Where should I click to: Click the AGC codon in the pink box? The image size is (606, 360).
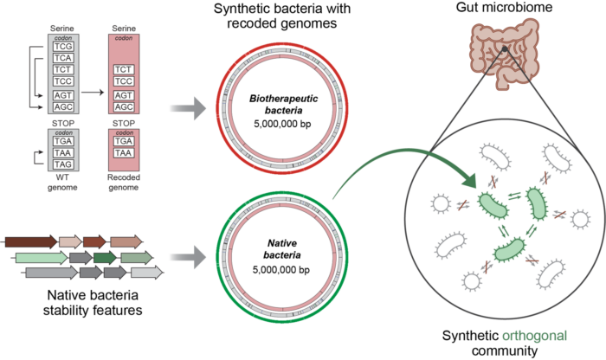124,106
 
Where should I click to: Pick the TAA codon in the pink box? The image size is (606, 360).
124,152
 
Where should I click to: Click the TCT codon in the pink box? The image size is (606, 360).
124,67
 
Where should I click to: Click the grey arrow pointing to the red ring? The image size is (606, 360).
186,108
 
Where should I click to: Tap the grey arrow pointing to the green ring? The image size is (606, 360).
186,257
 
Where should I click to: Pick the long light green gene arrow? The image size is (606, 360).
40,258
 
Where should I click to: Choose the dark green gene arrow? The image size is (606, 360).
106,258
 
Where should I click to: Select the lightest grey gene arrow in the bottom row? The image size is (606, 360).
146,273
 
